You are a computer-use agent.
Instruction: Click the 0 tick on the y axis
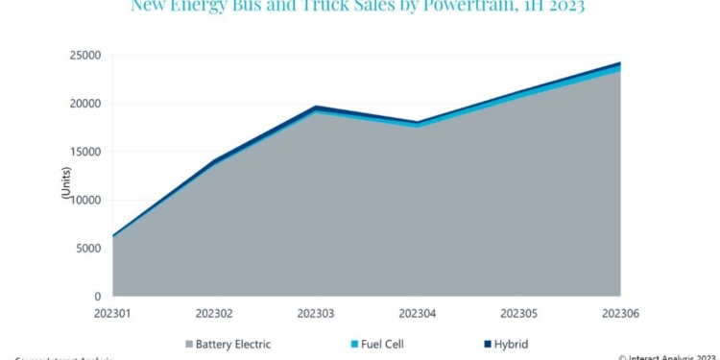coord(99,296)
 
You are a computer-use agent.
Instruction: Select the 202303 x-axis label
coord(316,313)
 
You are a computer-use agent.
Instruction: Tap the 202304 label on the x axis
coord(417,313)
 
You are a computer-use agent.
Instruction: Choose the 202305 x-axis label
coord(518,313)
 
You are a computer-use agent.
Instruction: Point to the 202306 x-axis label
coord(620,313)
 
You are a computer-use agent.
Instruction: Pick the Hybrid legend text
coord(509,344)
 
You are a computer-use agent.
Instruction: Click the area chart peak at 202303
coord(316,108)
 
